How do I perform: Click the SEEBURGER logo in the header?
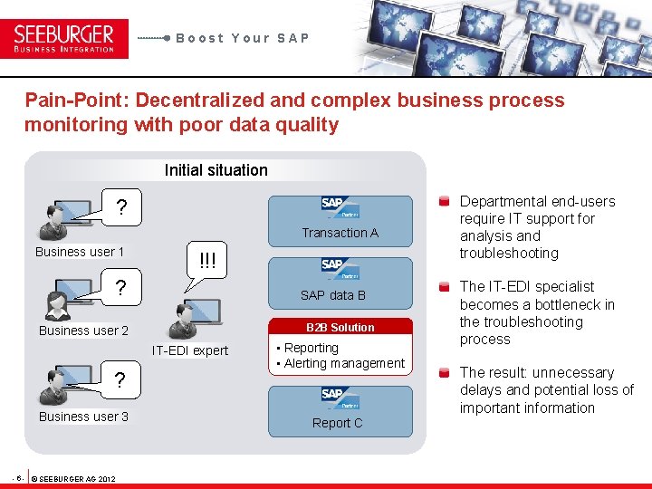click(64, 38)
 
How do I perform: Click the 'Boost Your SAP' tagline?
click(243, 38)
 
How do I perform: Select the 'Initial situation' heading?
click(216, 170)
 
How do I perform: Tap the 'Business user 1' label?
click(80, 252)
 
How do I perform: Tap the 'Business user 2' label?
click(83, 331)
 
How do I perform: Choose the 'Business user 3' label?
click(83, 417)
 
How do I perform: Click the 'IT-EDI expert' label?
click(190, 350)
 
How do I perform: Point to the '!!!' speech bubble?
click(208, 261)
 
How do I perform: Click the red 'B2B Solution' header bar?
click(340, 327)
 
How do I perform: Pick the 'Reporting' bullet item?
click(311, 348)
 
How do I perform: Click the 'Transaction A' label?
click(340, 233)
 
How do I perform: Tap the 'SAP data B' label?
click(333, 295)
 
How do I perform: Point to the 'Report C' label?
click(337, 423)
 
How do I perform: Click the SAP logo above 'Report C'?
click(340, 397)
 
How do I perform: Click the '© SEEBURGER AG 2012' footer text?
click(72, 477)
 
